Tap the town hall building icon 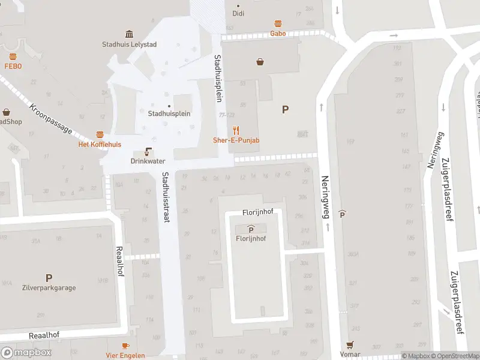pyautogui.click(x=128, y=34)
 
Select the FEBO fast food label pyautogui.click(x=13, y=66)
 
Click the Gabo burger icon pyautogui.click(x=278, y=24)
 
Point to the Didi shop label pyautogui.click(x=238, y=13)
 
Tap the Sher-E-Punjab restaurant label pyautogui.click(x=236, y=140)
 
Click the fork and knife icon pyautogui.click(x=236, y=130)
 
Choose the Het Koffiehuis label pyautogui.click(x=100, y=145)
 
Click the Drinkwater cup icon pyautogui.click(x=148, y=152)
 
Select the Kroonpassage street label pyautogui.click(x=50, y=121)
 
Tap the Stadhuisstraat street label pyautogui.click(x=164, y=197)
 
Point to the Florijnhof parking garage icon pyautogui.click(x=250, y=229)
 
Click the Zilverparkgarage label pyautogui.click(x=49, y=288)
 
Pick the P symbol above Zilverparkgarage pyautogui.click(x=49, y=278)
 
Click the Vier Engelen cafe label pyautogui.click(x=125, y=355)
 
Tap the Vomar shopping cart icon pyautogui.click(x=350, y=345)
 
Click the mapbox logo pyautogui.click(x=26, y=353)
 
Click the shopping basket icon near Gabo pyautogui.click(x=260, y=61)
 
